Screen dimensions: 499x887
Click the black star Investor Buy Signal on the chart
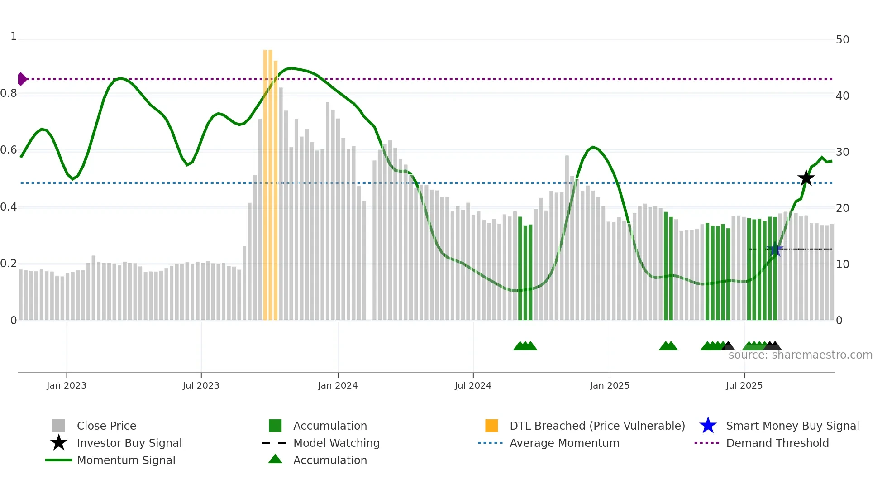pos(806,178)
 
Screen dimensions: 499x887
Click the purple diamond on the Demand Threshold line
pos(22,79)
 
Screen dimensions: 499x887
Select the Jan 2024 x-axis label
pos(338,385)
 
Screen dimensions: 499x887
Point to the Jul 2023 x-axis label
pos(201,385)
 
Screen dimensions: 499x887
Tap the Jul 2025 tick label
pos(744,385)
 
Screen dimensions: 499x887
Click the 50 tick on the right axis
pos(842,40)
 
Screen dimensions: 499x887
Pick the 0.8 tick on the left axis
pos(9,93)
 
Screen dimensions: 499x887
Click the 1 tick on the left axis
pos(14,36)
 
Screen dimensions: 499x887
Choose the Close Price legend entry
pos(106,426)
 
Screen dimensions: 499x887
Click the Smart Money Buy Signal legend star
pos(708,426)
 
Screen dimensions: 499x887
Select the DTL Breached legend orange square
pos(491,426)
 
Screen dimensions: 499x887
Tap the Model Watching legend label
pos(336,443)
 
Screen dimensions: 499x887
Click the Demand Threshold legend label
pos(777,443)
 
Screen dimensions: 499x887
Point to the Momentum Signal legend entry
pos(126,460)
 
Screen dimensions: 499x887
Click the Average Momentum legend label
pos(564,443)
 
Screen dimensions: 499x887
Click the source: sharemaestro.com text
pos(800,355)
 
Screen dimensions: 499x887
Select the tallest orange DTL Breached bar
pos(266,181)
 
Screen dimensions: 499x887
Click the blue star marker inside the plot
pos(776,249)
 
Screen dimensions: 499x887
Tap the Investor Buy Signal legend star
pos(59,443)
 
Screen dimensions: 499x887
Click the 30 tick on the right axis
pos(842,152)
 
